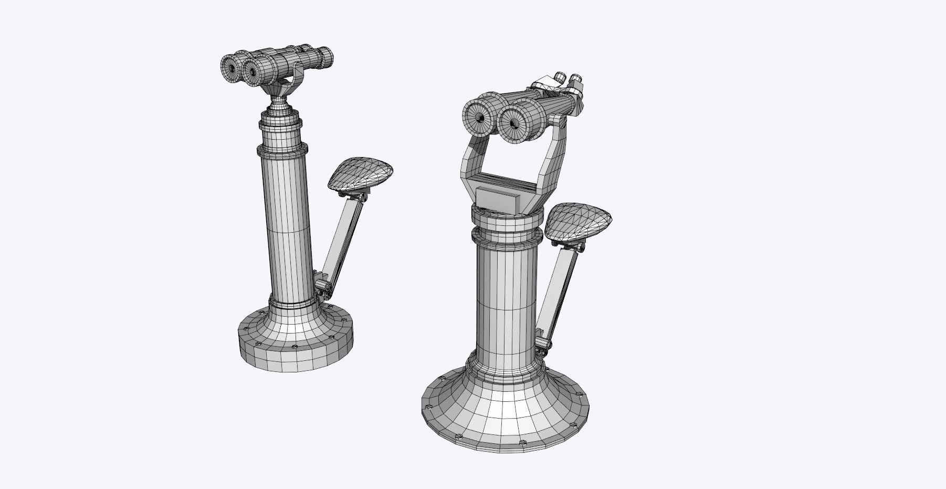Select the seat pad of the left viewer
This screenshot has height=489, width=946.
pyautogui.click(x=360, y=174)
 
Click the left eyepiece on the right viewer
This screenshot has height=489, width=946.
pyautogui.click(x=560, y=77)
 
